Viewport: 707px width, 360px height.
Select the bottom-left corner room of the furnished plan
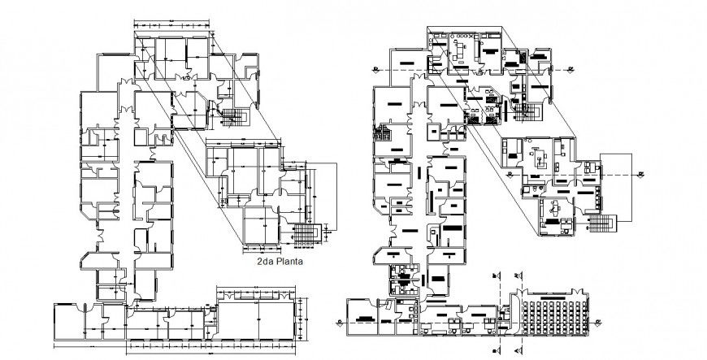pyautogui.click(x=361, y=314)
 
